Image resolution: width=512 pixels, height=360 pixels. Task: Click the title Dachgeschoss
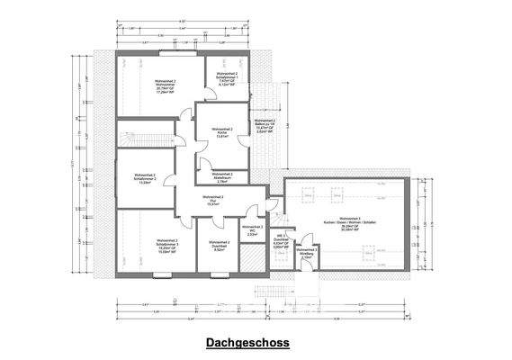(x=255, y=342)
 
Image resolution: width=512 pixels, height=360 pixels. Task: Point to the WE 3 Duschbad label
(x=281, y=239)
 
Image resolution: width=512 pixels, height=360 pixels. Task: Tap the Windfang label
(x=308, y=253)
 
